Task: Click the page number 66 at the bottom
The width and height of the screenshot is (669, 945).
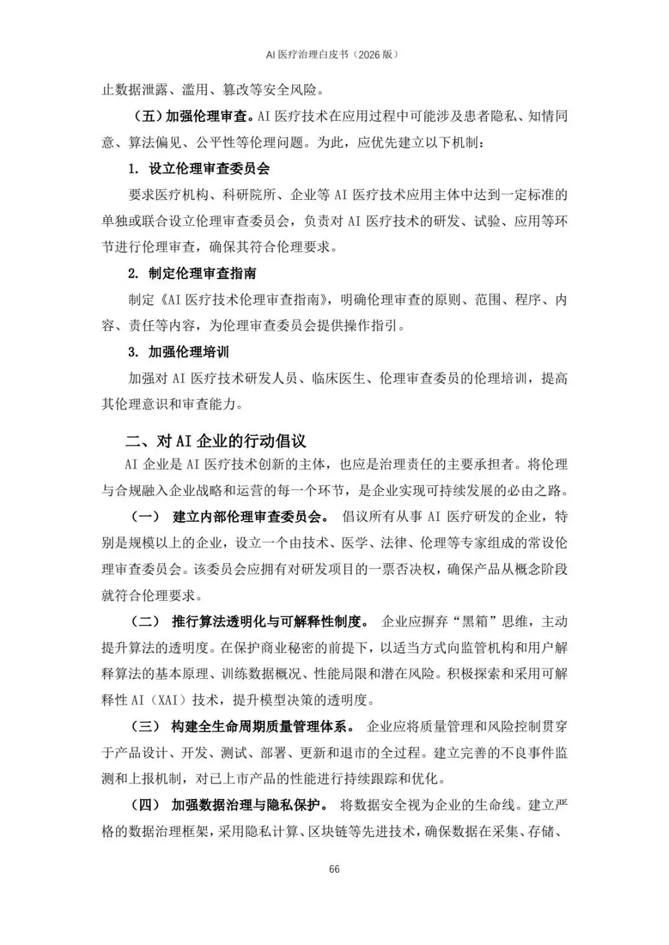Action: (x=334, y=869)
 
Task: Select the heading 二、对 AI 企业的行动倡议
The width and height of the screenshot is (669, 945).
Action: (x=216, y=441)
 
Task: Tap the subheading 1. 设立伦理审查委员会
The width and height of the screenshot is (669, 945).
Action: (x=199, y=168)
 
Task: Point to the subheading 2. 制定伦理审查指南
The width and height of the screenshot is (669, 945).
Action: (x=192, y=274)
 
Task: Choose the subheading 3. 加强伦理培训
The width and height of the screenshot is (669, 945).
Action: (x=178, y=352)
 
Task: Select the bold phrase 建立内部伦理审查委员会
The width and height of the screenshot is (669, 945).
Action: (x=247, y=517)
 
